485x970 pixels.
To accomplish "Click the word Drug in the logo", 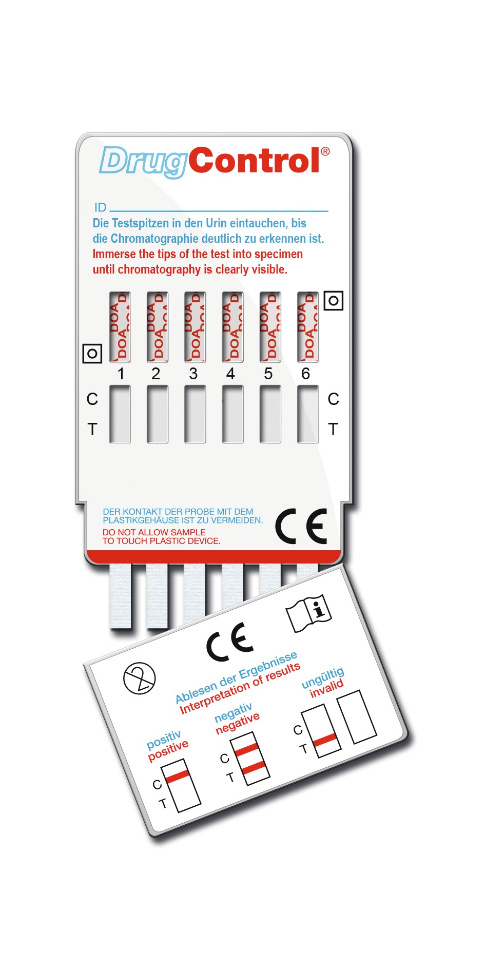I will tap(142, 162).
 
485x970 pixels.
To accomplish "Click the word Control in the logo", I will tap(255, 161).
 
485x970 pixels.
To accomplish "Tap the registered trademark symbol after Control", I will tap(325, 152).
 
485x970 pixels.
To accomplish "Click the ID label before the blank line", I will tap(100, 207).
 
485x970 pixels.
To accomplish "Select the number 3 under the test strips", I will tap(193, 374).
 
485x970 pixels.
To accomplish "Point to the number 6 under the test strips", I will tap(306, 374).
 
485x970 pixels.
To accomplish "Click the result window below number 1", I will tap(120, 414).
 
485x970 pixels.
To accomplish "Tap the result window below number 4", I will tap(232, 414).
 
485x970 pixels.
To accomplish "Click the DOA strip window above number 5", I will tap(270, 327).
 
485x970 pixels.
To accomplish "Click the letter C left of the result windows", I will tap(92, 399).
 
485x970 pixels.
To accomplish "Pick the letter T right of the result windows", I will tap(333, 429).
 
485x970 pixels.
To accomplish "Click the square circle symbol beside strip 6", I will tap(334, 300).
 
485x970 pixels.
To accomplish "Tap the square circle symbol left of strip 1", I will tap(92, 353).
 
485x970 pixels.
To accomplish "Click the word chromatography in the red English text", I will tap(159, 269).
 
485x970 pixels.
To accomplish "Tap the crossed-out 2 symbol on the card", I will tap(140, 678).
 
